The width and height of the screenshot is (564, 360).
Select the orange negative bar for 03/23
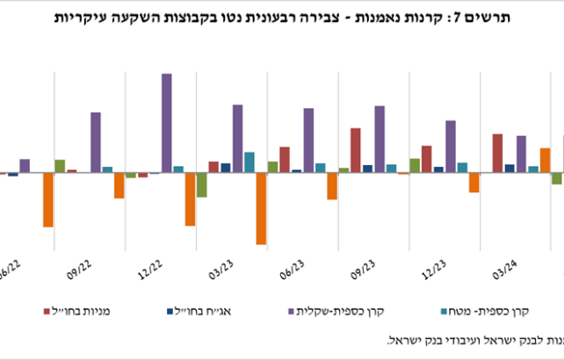[261, 208]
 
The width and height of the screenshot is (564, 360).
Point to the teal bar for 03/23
[249, 162]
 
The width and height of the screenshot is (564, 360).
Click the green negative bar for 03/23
[201, 184]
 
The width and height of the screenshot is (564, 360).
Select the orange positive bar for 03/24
[545, 161]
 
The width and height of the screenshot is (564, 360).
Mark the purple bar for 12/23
[450, 147]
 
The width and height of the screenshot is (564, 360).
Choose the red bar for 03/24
[497, 153]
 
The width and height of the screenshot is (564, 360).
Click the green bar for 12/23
[414, 165]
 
